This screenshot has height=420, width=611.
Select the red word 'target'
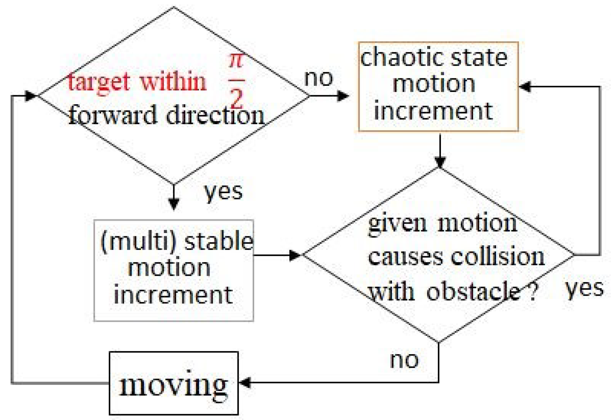(99, 82)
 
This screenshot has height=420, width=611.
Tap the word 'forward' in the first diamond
(112, 115)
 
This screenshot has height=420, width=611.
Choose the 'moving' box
(174, 383)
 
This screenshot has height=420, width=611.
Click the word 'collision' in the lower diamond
(498, 257)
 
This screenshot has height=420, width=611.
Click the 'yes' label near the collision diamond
(584, 288)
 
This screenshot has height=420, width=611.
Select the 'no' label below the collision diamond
(404, 360)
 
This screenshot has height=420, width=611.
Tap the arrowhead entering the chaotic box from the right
(525, 86)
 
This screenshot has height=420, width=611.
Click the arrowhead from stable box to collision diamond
(294, 255)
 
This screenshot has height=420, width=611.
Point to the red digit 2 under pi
(237, 98)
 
